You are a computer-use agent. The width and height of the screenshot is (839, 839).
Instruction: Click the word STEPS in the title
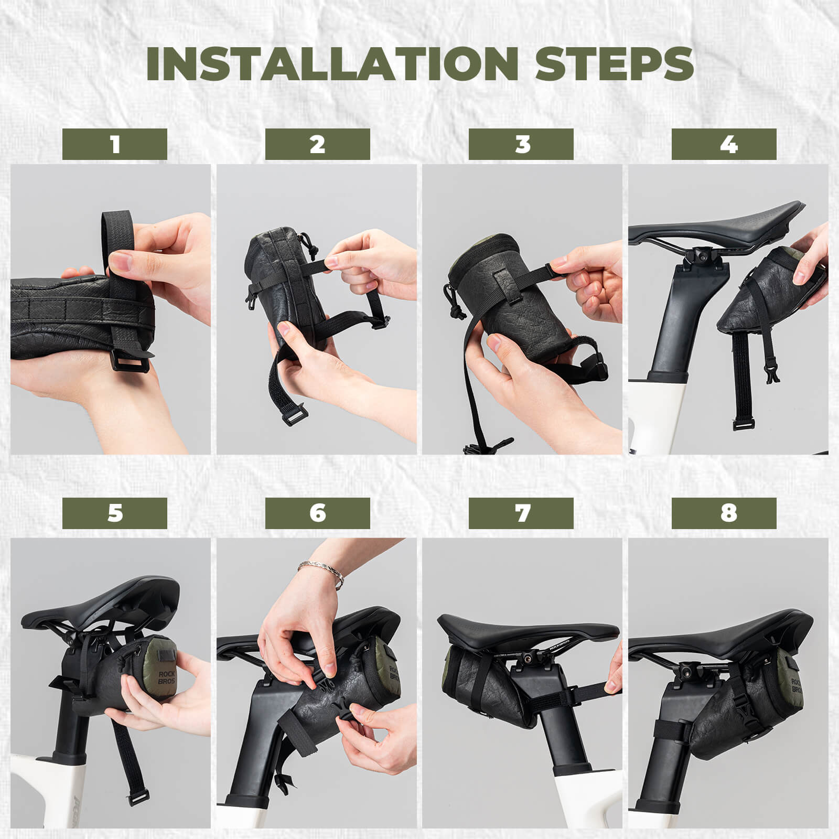pyautogui.click(x=614, y=64)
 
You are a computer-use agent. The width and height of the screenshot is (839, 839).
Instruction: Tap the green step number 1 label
pyautogui.click(x=115, y=144)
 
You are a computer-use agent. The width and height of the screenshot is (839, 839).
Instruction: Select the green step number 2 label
pyautogui.click(x=317, y=144)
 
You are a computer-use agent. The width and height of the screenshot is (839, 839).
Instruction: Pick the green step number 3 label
pyautogui.click(x=521, y=144)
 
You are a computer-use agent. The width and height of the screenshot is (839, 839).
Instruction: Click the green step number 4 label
pyautogui.click(x=724, y=144)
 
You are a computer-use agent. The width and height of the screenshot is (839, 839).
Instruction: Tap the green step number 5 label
pyautogui.click(x=115, y=513)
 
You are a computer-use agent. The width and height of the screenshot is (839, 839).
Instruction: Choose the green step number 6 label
pyautogui.click(x=317, y=513)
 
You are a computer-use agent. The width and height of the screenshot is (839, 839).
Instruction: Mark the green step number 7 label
pyautogui.click(x=521, y=513)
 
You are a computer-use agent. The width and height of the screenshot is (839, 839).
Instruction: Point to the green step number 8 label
pyautogui.click(x=724, y=513)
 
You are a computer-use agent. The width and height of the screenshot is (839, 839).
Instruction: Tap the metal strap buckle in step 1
pyautogui.click(x=130, y=360)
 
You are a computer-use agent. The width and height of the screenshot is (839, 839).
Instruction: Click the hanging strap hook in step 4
pyautogui.click(x=769, y=372)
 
